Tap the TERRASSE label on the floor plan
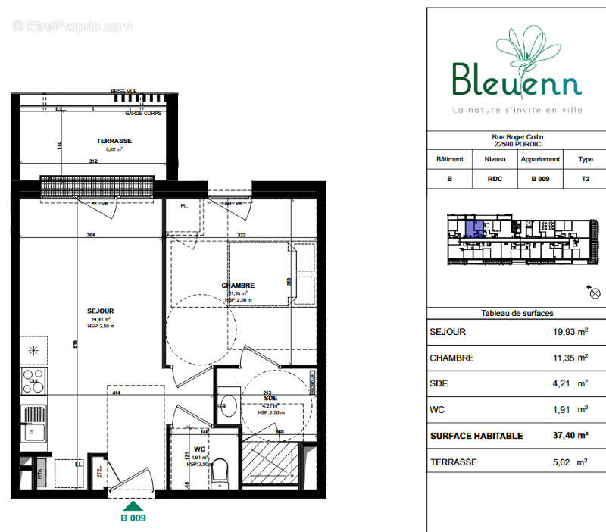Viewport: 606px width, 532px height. click(114, 141)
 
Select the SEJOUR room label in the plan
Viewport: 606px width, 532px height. click(100, 311)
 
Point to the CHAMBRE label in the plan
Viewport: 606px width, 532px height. click(238, 286)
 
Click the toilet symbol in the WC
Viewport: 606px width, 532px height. click(220, 471)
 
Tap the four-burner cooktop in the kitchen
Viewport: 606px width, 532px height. click(33, 380)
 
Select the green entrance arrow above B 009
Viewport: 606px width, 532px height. click(133, 506)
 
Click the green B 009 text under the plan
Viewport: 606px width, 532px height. click(133, 519)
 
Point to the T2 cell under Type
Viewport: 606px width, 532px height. click(586, 180)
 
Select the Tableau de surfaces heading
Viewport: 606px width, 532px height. click(517, 313)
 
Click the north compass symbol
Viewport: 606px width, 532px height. click(594, 292)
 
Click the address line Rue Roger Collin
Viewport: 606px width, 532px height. click(517, 137)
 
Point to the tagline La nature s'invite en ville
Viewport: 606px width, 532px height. click(517, 111)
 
